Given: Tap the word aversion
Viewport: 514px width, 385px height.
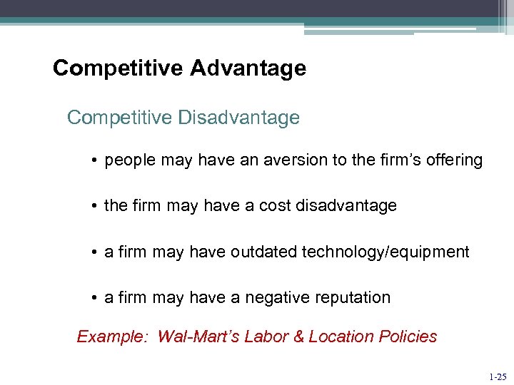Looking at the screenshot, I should [296, 160].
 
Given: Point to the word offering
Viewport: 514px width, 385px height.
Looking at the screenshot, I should [453, 160].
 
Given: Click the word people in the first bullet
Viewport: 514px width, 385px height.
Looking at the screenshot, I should [128, 160].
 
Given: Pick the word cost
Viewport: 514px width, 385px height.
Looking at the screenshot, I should [279, 206].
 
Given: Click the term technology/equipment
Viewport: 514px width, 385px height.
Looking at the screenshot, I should [385, 252].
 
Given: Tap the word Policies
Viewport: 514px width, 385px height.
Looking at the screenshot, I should [408, 337].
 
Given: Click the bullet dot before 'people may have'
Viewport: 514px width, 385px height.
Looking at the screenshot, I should [94, 161].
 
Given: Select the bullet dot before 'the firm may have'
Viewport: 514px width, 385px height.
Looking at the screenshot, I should [94, 207].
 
